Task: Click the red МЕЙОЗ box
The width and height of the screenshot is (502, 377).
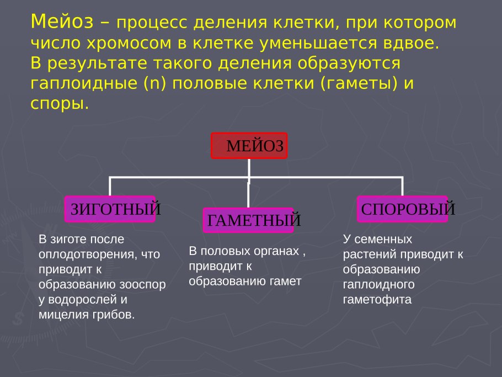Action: pos(249,146)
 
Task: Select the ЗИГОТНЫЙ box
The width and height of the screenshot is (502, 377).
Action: pos(110,209)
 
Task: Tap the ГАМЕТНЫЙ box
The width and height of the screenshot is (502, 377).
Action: pos(248,220)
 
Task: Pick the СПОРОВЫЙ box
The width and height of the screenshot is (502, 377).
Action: pos(402,209)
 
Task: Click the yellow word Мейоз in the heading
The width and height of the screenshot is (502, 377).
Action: pos(62,22)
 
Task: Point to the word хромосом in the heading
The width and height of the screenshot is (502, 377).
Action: pos(129,43)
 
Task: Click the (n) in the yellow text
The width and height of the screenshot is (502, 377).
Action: pos(155,83)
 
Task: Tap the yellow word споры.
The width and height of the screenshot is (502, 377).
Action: pos(60,104)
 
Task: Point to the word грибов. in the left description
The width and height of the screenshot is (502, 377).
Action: pos(114,315)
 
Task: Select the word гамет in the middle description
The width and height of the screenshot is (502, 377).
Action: pos(285,281)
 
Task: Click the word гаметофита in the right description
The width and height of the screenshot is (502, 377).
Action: pos(377,300)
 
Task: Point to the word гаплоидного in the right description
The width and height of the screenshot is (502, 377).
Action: pos(379,284)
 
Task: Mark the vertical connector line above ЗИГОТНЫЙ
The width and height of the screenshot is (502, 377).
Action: pos(110,187)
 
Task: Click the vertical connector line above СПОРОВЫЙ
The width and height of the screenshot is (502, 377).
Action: pos(402,187)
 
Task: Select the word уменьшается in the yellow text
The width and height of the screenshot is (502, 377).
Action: pos(318,43)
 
